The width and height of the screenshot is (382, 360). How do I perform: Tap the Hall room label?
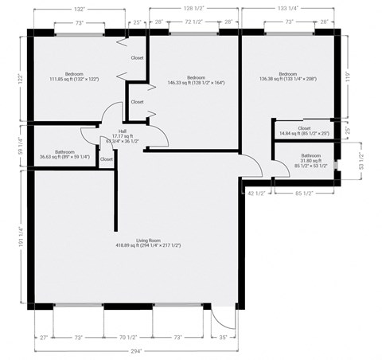click(123, 135)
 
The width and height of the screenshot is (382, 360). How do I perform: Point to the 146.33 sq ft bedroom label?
click(196, 80)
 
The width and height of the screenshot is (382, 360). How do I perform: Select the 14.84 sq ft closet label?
click(304, 131)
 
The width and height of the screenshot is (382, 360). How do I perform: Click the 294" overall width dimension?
click(136, 350)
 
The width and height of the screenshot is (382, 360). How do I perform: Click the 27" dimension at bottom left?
click(44, 337)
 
